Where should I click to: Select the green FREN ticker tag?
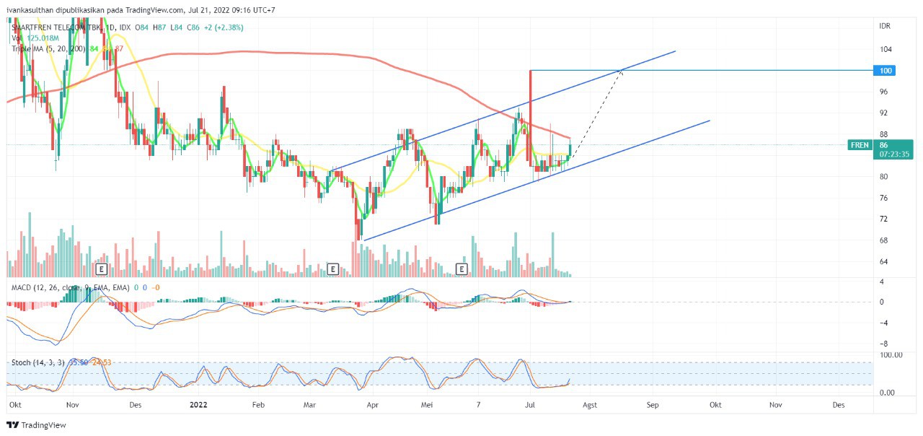point(860,145)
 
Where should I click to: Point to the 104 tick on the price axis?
point(885,49)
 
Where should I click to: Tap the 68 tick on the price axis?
point(885,240)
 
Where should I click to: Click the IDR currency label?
point(885,26)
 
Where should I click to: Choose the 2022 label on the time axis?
point(198,405)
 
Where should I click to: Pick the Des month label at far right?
point(839,405)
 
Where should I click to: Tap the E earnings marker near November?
point(102,269)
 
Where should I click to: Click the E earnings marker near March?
point(332,269)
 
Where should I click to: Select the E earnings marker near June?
point(461,269)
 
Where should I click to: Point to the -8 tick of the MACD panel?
point(883,344)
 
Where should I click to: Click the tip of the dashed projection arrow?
point(622,70)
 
